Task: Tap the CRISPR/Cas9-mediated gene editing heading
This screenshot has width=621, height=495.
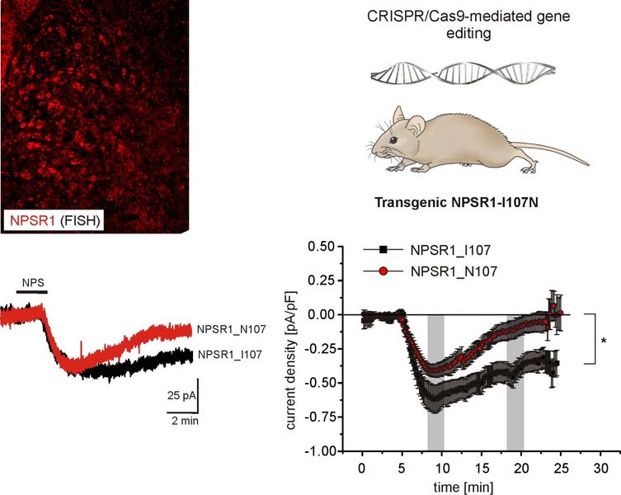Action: point(437,26)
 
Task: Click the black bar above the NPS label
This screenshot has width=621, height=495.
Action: point(33,292)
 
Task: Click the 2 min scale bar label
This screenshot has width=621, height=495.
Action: point(182,422)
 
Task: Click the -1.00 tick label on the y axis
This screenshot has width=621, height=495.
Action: point(322,451)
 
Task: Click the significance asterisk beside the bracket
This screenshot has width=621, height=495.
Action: point(604,339)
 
